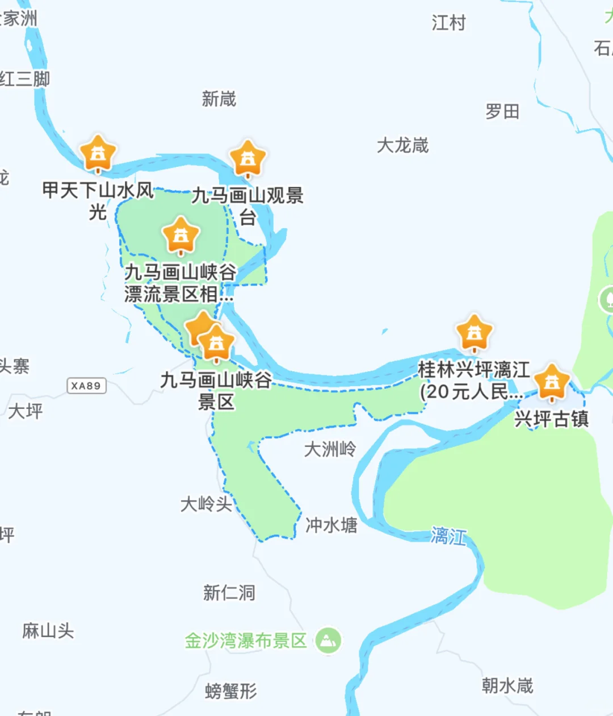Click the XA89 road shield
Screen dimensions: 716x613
click(x=86, y=386)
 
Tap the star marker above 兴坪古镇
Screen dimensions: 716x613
click(x=552, y=382)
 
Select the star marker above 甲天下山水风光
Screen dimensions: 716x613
click(x=98, y=153)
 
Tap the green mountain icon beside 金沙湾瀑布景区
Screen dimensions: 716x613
click(x=328, y=640)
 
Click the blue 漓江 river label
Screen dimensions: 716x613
click(x=448, y=535)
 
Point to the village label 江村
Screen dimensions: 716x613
click(x=448, y=23)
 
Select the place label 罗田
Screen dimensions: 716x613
click(x=502, y=111)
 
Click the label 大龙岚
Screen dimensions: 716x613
click(x=402, y=145)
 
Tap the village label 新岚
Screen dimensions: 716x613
click(x=219, y=99)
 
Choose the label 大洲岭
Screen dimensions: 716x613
click(x=330, y=449)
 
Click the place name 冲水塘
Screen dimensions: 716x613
click(x=331, y=525)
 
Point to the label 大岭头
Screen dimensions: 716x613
click(x=206, y=504)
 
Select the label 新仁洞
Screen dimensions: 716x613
click(x=229, y=593)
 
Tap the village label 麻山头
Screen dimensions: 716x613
click(x=48, y=630)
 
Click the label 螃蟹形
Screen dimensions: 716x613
click(x=231, y=691)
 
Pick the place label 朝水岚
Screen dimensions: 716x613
click(x=507, y=685)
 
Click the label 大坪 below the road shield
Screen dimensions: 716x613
click(x=26, y=411)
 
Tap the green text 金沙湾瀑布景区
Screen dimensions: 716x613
click(x=245, y=641)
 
